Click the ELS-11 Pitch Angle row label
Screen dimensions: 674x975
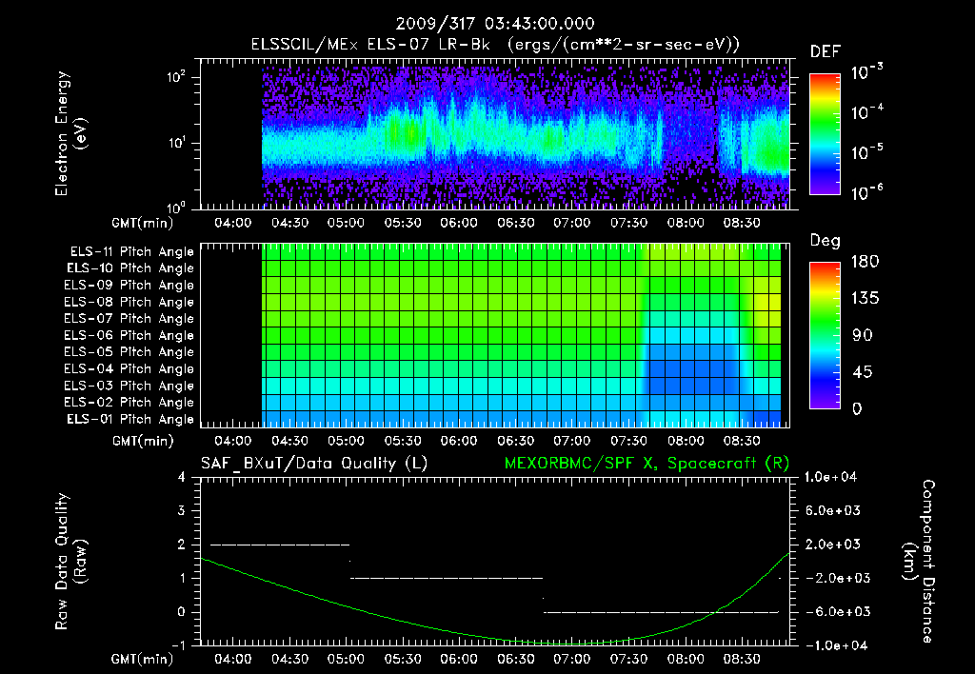coord(131,252)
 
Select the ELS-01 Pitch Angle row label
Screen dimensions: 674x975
coord(131,420)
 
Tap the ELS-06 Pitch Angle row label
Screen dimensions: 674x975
coord(131,336)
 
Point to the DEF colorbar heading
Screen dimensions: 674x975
coord(825,51)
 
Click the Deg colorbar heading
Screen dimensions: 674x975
coord(825,241)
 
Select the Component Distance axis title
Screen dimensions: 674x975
coord(929,562)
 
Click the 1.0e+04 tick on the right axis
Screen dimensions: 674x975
coord(833,477)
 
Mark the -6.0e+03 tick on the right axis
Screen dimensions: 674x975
coord(833,611)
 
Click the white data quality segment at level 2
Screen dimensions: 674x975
coord(280,545)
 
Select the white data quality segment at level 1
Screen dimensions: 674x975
coord(447,578)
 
